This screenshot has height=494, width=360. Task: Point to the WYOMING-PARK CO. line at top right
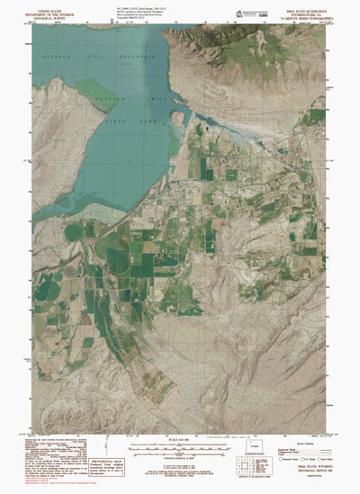pos(305,11)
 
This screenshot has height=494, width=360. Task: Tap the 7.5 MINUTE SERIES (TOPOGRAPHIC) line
pos(305,15)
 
